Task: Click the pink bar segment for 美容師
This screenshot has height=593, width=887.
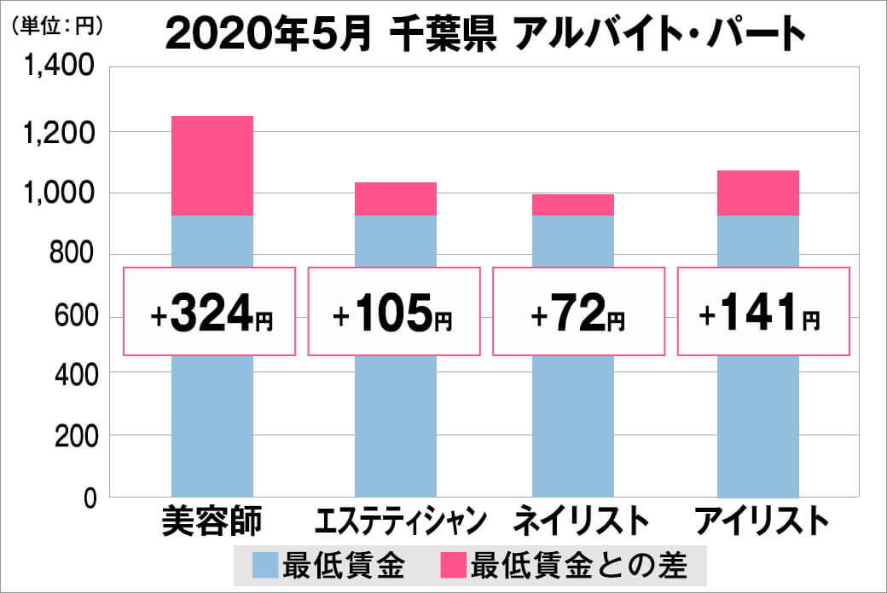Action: tap(212, 165)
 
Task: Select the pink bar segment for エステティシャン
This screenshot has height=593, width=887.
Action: tap(395, 199)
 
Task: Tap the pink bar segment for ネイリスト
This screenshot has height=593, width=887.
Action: tap(572, 204)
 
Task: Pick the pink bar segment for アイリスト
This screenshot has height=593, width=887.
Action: tap(757, 193)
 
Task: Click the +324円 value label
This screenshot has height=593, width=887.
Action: tap(211, 312)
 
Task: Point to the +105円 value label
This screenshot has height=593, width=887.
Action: tap(393, 312)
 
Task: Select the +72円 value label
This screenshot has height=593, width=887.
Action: tap(577, 312)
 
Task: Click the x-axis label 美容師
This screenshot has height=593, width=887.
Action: tap(211, 521)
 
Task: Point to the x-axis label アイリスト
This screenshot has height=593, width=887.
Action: tap(762, 521)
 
